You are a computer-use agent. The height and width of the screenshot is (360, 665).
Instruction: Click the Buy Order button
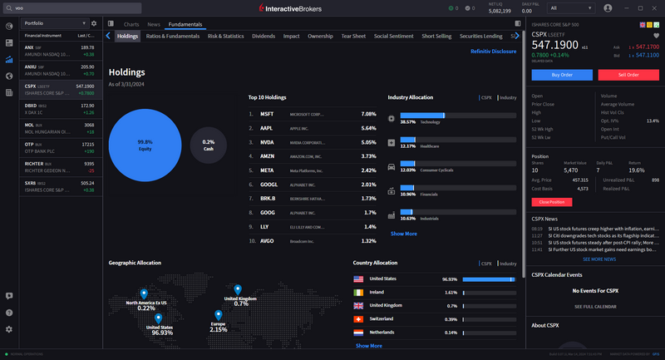562,74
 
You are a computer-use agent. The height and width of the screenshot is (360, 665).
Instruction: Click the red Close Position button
552,202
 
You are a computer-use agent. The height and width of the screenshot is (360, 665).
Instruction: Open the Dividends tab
263,37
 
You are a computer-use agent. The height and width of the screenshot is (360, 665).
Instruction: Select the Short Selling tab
436,37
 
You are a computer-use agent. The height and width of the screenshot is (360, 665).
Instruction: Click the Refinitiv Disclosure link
493,52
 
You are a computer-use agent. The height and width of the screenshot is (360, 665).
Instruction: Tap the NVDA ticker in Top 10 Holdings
267,142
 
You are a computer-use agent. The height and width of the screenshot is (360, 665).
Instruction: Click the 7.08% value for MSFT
368,114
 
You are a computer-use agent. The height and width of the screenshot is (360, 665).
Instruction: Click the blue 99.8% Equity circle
145,145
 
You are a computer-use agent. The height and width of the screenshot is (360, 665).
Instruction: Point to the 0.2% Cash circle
208,145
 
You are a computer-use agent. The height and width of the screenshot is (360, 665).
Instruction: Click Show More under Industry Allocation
404,234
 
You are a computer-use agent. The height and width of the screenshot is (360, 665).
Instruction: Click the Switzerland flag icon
359,318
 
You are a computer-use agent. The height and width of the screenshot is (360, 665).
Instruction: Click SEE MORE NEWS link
594,259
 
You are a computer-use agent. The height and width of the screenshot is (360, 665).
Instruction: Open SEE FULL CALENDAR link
595,307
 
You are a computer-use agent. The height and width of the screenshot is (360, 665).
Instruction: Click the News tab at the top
154,25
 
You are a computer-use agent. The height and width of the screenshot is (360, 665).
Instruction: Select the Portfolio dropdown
54,23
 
